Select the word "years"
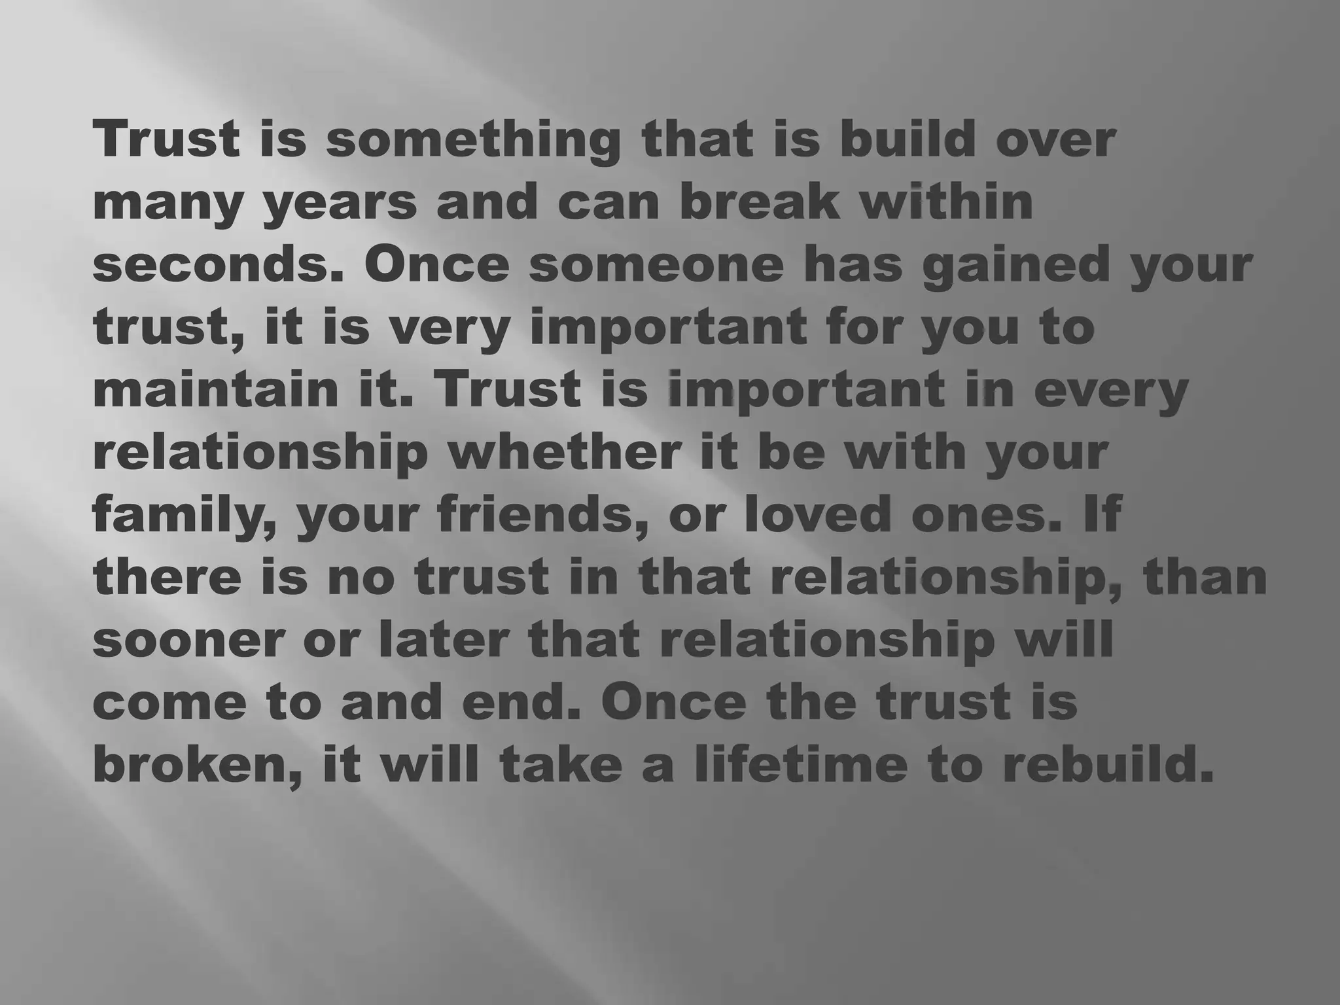340,203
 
